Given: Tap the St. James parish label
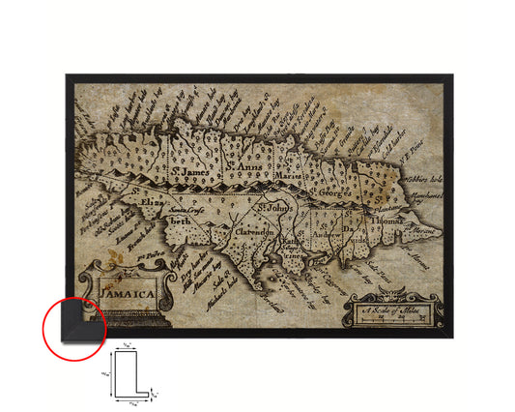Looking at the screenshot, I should point(188,172).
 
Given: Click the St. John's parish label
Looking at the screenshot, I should point(274,205).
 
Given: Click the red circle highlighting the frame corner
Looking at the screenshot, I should point(74,326).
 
